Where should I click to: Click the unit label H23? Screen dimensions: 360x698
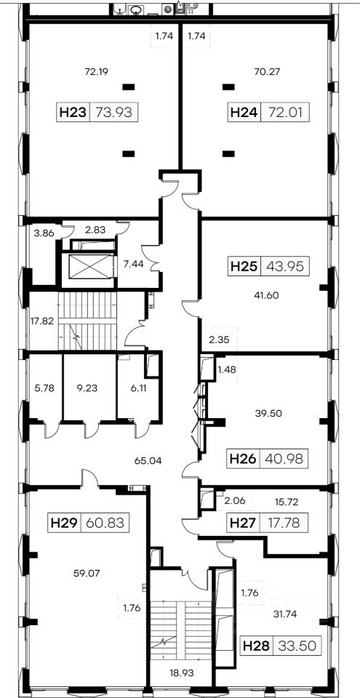73,112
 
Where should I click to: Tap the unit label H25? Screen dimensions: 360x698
244,267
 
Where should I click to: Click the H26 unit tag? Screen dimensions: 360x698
244,459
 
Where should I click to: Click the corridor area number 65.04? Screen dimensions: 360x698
148,460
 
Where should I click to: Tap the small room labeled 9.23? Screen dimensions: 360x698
89,388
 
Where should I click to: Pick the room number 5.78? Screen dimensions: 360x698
44,388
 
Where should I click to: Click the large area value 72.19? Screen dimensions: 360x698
97,71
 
